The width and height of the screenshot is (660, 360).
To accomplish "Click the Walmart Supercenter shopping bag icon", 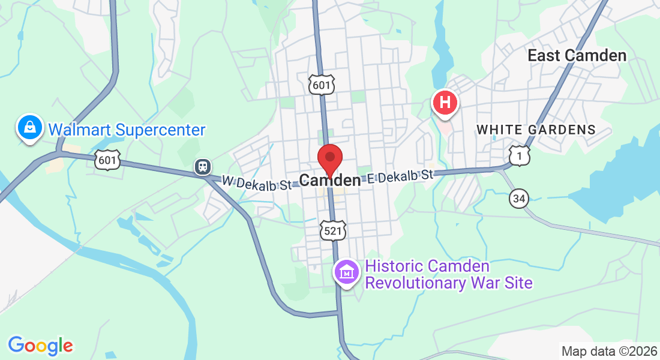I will (x=29, y=127).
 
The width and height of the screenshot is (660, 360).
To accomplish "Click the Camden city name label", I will (x=330, y=180).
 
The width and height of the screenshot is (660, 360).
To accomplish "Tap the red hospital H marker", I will (x=445, y=102).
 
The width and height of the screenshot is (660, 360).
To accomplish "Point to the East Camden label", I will (x=577, y=56).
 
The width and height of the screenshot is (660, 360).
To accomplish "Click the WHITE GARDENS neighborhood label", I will (x=536, y=130).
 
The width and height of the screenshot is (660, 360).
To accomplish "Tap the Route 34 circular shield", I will (x=520, y=198).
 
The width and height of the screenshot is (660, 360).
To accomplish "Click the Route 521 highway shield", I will (x=332, y=230).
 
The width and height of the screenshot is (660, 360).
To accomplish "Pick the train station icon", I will (x=203, y=167).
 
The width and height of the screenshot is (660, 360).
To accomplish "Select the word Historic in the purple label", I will (x=394, y=266).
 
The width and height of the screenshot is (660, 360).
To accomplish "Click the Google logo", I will (x=40, y=345).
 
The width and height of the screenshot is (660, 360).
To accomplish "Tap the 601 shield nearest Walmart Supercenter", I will (x=107, y=160).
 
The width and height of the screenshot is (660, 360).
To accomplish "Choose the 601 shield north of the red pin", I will (x=322, y=85).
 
